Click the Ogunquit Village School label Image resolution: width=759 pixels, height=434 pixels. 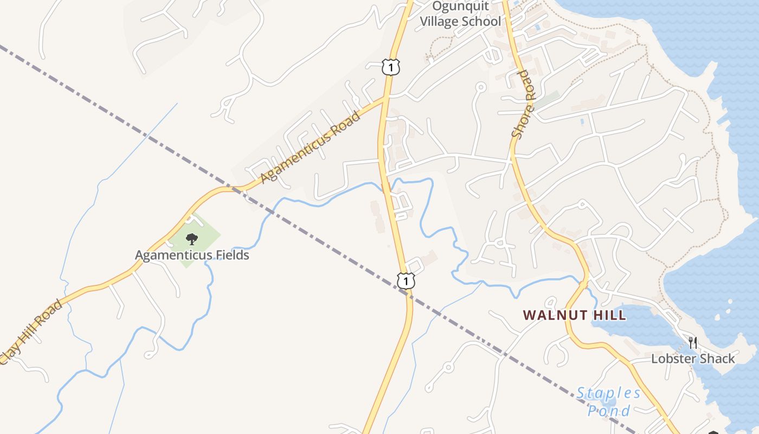(x=461, y=14)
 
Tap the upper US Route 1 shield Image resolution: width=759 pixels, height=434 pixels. (x=390, y=67)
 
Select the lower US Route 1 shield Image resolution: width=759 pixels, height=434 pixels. (x=406, y=280)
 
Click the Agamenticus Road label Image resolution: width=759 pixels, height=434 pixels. (x=310, y=148)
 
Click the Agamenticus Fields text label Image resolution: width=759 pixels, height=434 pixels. (x=192, y=255)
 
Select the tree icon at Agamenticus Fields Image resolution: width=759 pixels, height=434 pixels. (x=191, y=239)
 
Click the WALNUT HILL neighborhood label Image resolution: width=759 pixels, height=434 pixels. (x=575, y=315)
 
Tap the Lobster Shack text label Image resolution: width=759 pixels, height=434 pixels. (x=693, y=359)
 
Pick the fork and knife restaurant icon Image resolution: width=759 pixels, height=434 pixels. (x=692, y=342)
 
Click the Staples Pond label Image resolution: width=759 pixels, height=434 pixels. (x=609, y=401)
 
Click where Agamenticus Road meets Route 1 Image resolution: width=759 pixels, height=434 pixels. (x=384, y=98)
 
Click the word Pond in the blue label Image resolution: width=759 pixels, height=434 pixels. (x=609, y=410)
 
